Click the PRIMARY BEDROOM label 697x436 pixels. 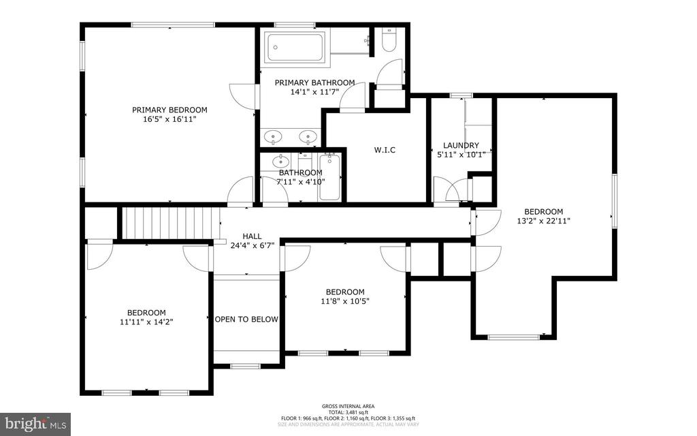[169, 110]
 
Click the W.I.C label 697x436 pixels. [385, 150]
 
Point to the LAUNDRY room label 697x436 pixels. [461, 145]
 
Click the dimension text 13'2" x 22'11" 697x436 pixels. [543, 221]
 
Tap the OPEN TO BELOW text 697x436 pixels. [246, 320]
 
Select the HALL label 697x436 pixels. [252, 236]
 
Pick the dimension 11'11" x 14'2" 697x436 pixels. [146, 322]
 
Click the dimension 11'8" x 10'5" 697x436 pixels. [345, 301]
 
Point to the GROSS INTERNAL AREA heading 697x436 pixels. [348, 406]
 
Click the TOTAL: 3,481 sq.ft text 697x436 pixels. [348, 412]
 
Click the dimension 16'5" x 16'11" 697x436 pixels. [169, 119]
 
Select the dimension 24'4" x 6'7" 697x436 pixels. [252, 245]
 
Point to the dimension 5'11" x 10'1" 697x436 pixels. [461, 154]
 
